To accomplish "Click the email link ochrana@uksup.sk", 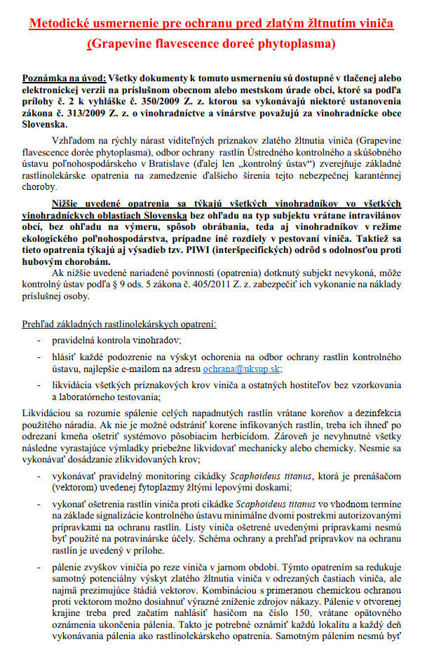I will pos(240,369).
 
